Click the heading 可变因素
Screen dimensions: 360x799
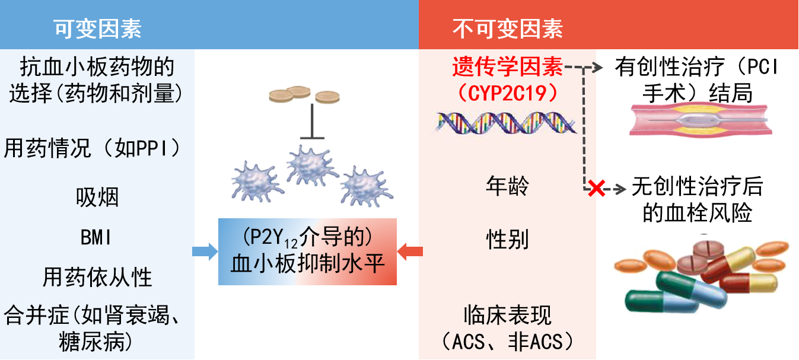[98, 28]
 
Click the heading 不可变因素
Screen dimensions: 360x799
[508, 28]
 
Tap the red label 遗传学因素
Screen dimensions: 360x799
[507, 68]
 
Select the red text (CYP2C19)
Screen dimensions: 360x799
[507, 93]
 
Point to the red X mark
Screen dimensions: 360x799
[596, 189]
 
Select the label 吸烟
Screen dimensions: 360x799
[97, 197]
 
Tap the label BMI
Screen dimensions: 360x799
[97, 238]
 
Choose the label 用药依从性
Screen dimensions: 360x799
[97, 277]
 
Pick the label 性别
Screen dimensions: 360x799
[507, 240]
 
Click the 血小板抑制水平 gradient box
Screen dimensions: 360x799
[307, 251]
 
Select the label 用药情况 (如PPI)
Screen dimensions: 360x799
[92, 148]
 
